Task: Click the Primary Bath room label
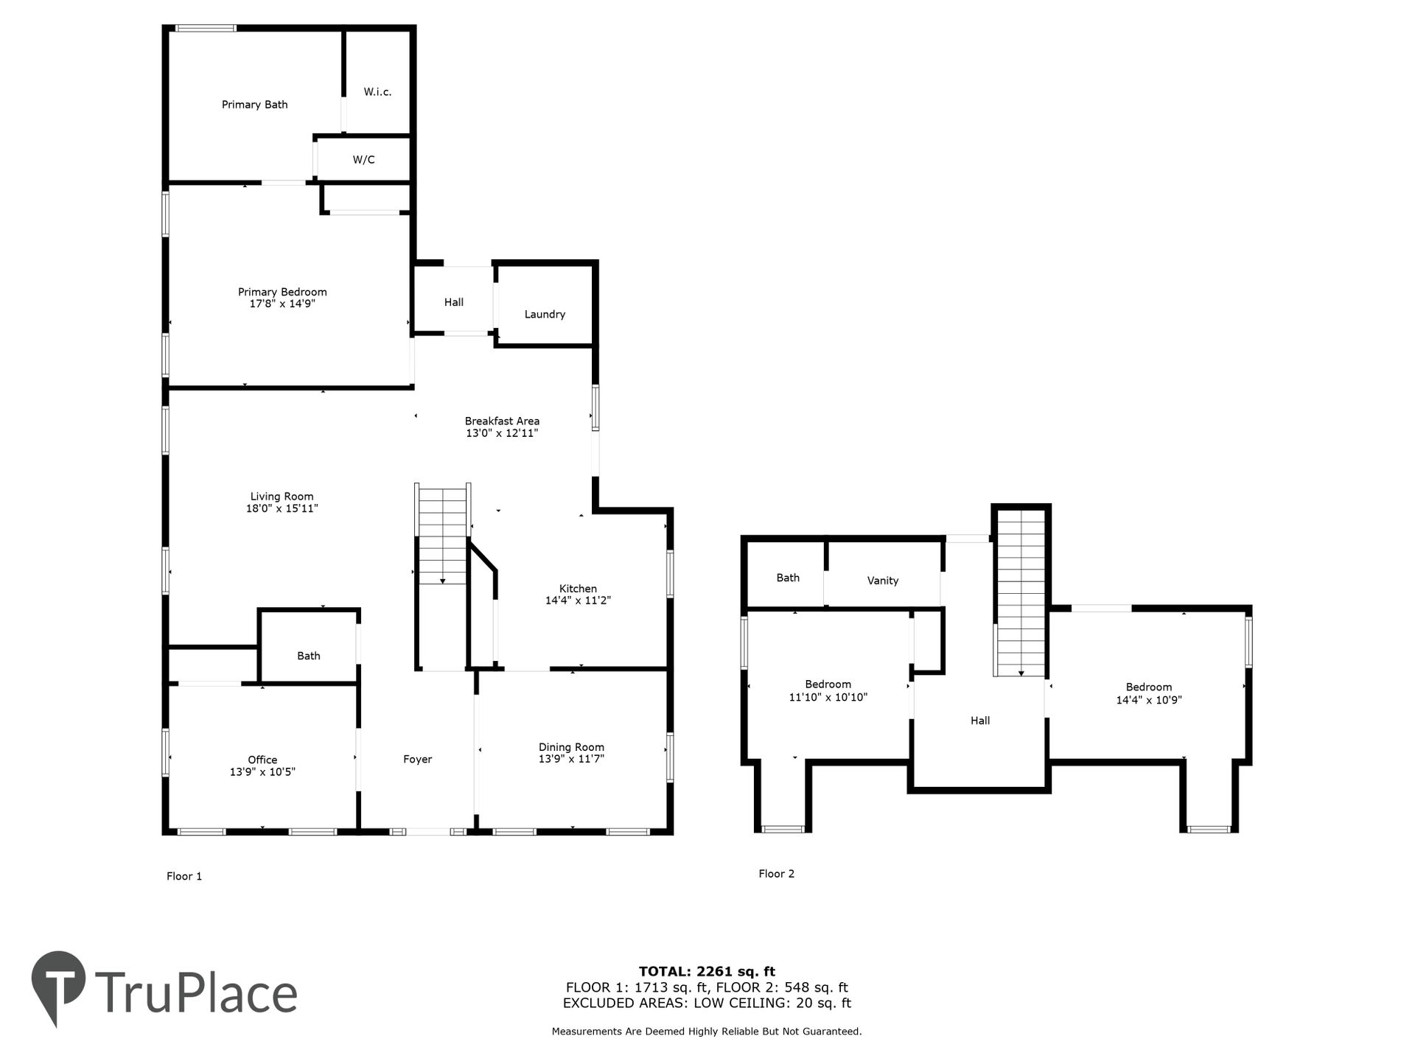point(254,105)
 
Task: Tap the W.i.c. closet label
point(377,92)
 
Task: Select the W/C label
point(363,159)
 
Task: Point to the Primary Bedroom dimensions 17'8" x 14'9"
point(282,304)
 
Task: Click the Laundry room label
point(545,315)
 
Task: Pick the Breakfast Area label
point(502,421)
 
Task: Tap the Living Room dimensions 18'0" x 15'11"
point(282,508)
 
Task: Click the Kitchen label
point(578,589)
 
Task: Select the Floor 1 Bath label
point(309,656)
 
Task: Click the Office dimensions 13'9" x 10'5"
point(262,772)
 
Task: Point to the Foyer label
point(417,760)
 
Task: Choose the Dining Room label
point(571,747)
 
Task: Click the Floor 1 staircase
point(442,534)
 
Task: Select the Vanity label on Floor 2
point(883,581)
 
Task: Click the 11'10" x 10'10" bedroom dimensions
point(828,697)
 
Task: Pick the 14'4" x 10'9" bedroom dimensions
point(1149,700)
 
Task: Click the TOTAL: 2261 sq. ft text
point(707,972)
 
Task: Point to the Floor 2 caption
point(777,874)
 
